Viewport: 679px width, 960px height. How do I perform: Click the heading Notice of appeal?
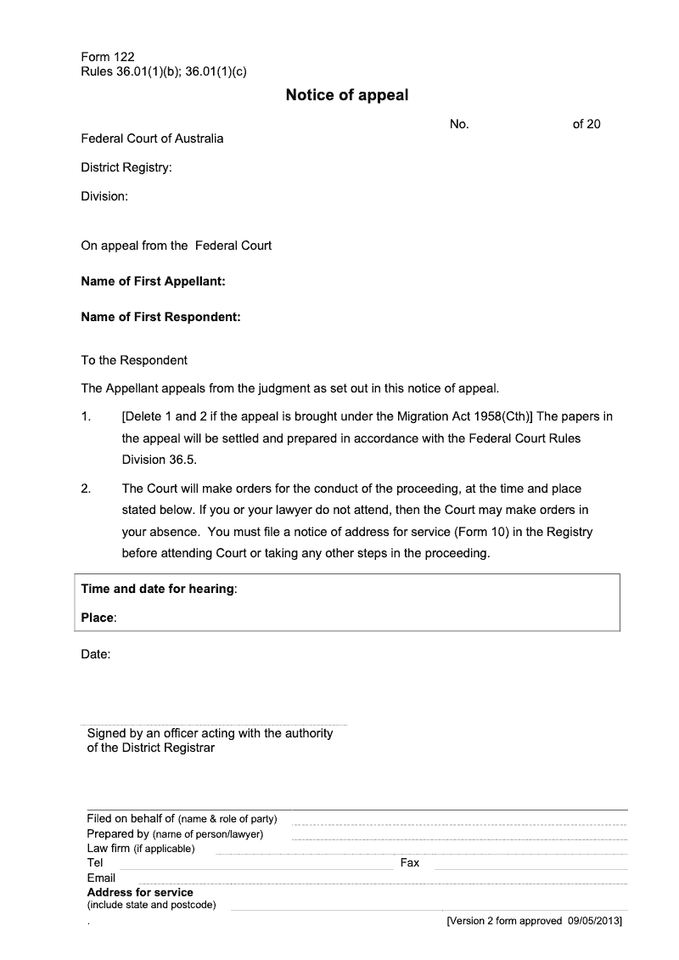pos(346,95)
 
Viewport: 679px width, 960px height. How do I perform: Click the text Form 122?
pos(108,58)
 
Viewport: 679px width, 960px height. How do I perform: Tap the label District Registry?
pos(126,167)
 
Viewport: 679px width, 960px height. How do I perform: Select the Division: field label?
pos(104,196)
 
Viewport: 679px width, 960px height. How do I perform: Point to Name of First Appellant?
pos(153,281)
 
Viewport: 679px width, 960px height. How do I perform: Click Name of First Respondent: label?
pos(161,317)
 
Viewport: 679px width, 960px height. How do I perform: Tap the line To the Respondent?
pos(134,360)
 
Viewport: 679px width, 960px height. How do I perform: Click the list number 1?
pos(86,416)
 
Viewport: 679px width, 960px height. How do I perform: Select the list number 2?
pos(86,488)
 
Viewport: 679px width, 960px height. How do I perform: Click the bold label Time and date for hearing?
pos(158,589)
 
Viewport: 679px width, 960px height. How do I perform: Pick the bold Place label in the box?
pos(98,618)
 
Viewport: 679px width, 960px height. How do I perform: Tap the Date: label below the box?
pos(96,654)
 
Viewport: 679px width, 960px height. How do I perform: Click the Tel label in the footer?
pos(95,862)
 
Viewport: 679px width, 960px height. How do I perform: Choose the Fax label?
pos(410,862)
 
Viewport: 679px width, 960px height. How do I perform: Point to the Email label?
pos(101,878)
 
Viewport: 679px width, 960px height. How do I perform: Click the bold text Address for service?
pos(140,892)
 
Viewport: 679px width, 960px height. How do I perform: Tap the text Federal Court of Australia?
pos(152,138)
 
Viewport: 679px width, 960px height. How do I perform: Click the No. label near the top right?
pos(459,124)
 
